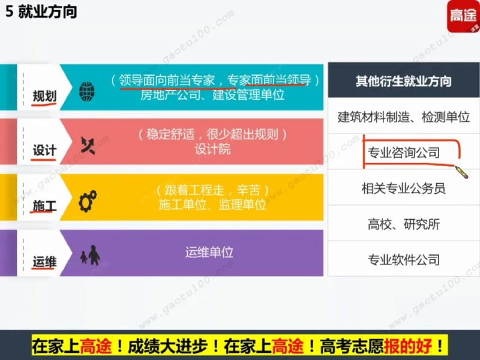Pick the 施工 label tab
44,206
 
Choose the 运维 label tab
44,262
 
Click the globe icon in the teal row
87,92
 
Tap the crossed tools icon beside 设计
88,145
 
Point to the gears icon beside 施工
88,200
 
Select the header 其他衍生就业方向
403,81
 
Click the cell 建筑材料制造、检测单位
403,117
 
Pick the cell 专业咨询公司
403,152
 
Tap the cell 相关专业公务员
403,188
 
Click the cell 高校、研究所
403,224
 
